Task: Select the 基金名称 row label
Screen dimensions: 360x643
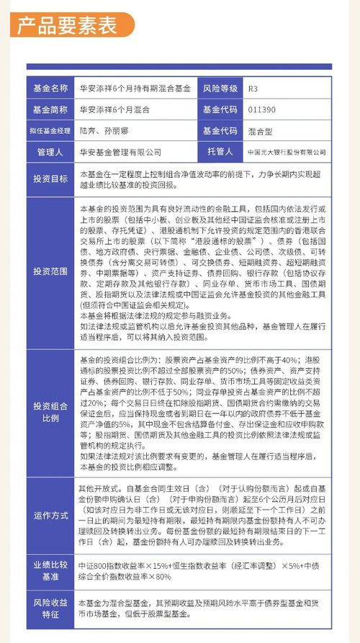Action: tap(50, 89)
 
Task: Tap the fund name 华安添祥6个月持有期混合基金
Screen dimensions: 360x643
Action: tap(135, 89)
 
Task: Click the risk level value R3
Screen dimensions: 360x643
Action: tap(253, 89)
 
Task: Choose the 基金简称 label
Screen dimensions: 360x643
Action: tap(50, 110)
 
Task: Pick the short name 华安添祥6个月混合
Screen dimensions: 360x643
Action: tap(115, 110)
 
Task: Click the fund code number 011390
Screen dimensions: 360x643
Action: tap(261, 110)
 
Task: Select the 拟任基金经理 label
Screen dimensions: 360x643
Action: tap(50, 131)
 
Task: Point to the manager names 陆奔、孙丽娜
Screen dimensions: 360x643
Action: tap(107, 131)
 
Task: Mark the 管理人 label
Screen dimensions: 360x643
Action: tap(50, 153)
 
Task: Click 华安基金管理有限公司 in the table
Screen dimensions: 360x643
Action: tap(120, 153)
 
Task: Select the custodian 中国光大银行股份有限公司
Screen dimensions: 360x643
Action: tap(285, 153)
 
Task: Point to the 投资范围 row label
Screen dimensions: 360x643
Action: tap(50, 271)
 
